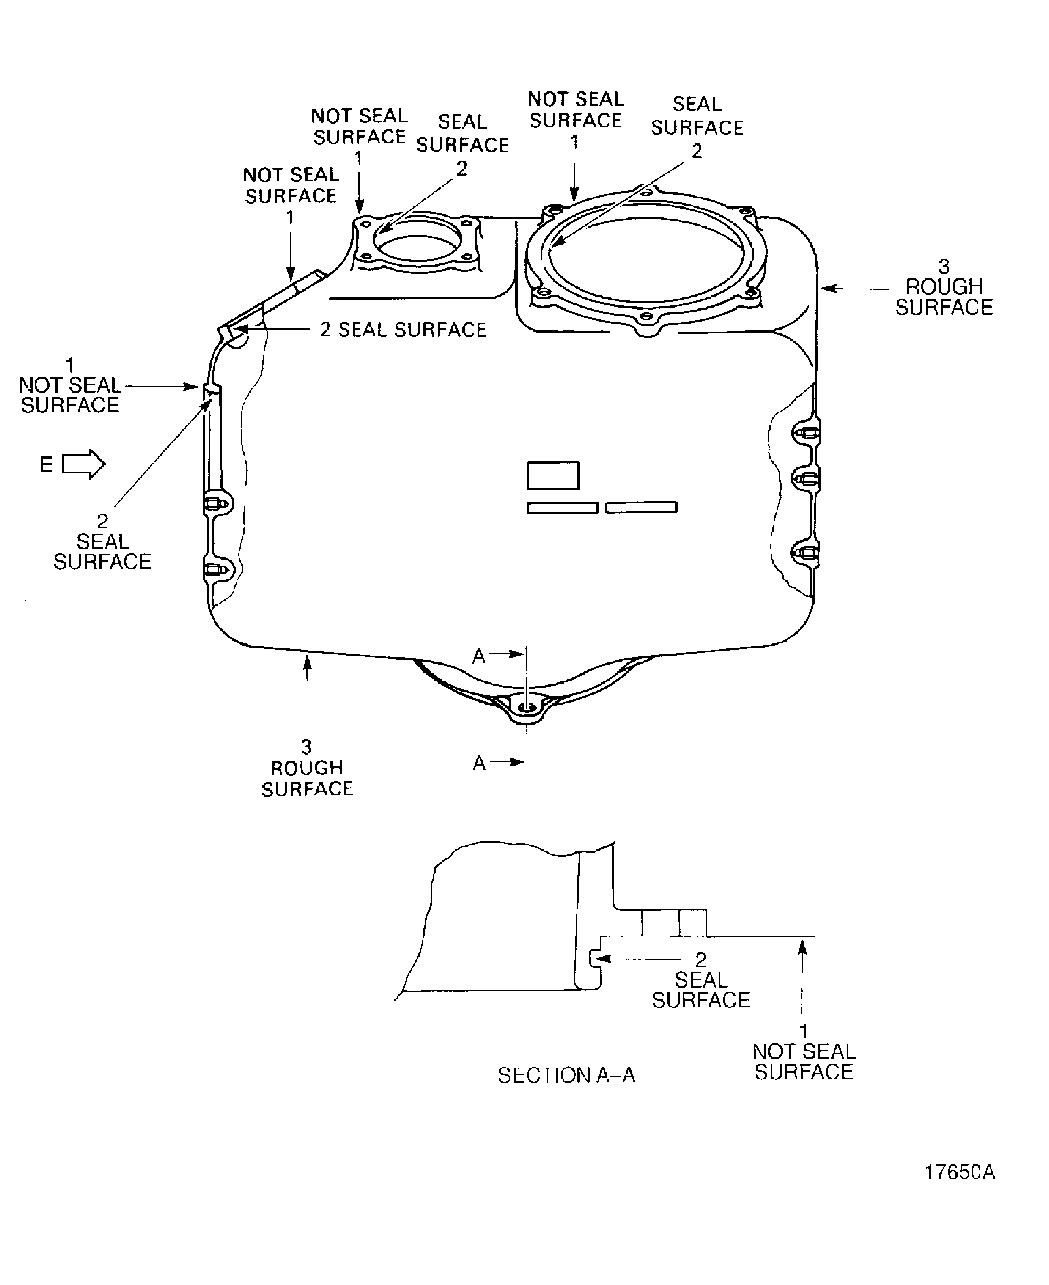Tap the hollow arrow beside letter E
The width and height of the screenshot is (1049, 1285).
[84, 464]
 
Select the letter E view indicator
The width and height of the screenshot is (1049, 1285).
[46, 465]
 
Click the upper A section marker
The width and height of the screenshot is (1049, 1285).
[479, 655]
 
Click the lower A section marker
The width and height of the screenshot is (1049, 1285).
[479, 763]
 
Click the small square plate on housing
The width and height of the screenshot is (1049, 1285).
[552, 475]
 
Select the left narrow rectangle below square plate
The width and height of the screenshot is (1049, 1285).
[562, 508]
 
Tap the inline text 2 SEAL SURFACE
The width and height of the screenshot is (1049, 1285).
[403, 330]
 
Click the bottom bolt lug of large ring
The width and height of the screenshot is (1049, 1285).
[646, 318]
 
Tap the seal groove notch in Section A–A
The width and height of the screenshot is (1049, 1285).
[594, 958]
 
